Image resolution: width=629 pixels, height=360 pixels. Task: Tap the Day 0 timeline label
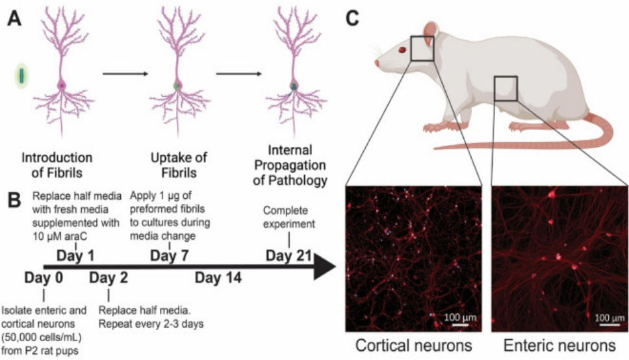point(44,278)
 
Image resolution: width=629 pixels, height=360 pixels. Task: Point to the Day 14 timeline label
point(218,278)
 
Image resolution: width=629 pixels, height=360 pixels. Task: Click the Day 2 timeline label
point(109,278)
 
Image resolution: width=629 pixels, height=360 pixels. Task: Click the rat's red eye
point(403,49)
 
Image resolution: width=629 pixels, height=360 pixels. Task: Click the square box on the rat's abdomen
point(505,88)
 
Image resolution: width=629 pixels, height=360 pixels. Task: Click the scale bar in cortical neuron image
point(461,326)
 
